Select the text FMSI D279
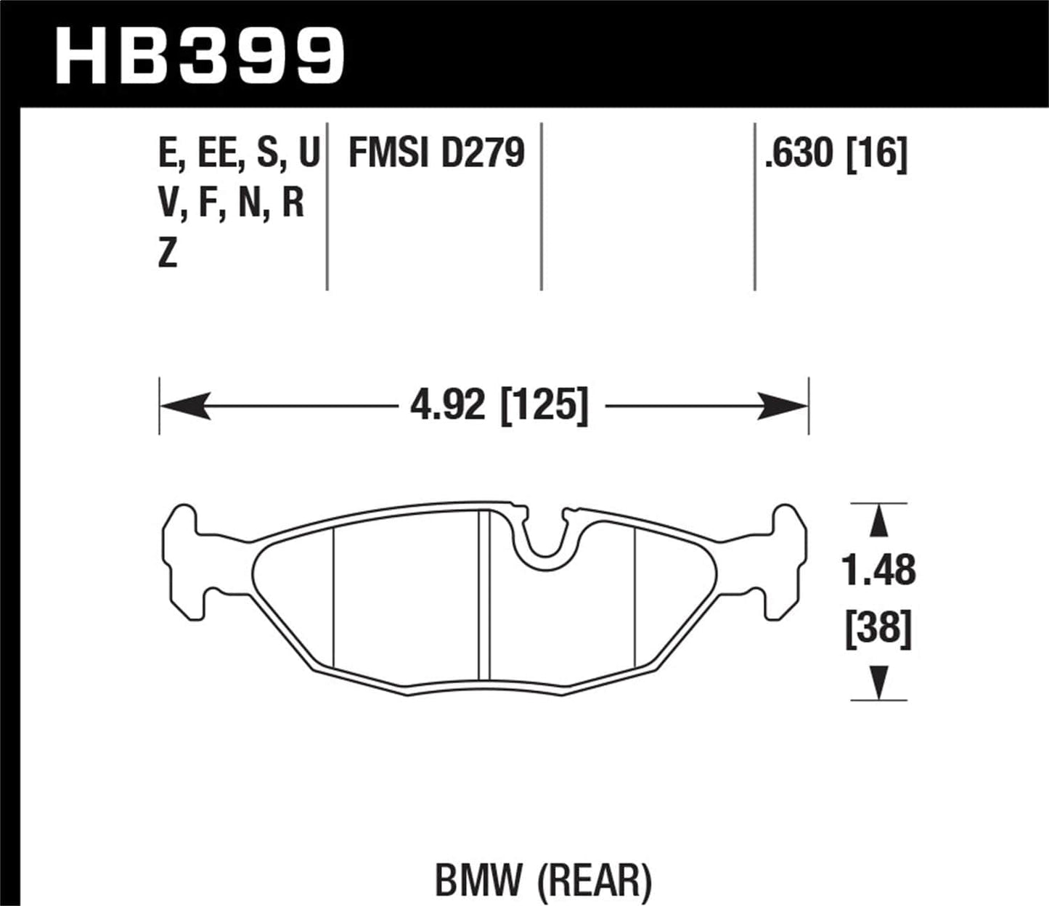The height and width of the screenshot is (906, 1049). tap(436, 153)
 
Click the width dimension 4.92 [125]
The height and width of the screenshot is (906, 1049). tap(499, 404)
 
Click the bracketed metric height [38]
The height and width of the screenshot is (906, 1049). tap(878, 629)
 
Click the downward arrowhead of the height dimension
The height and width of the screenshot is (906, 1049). tap(878, 682)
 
